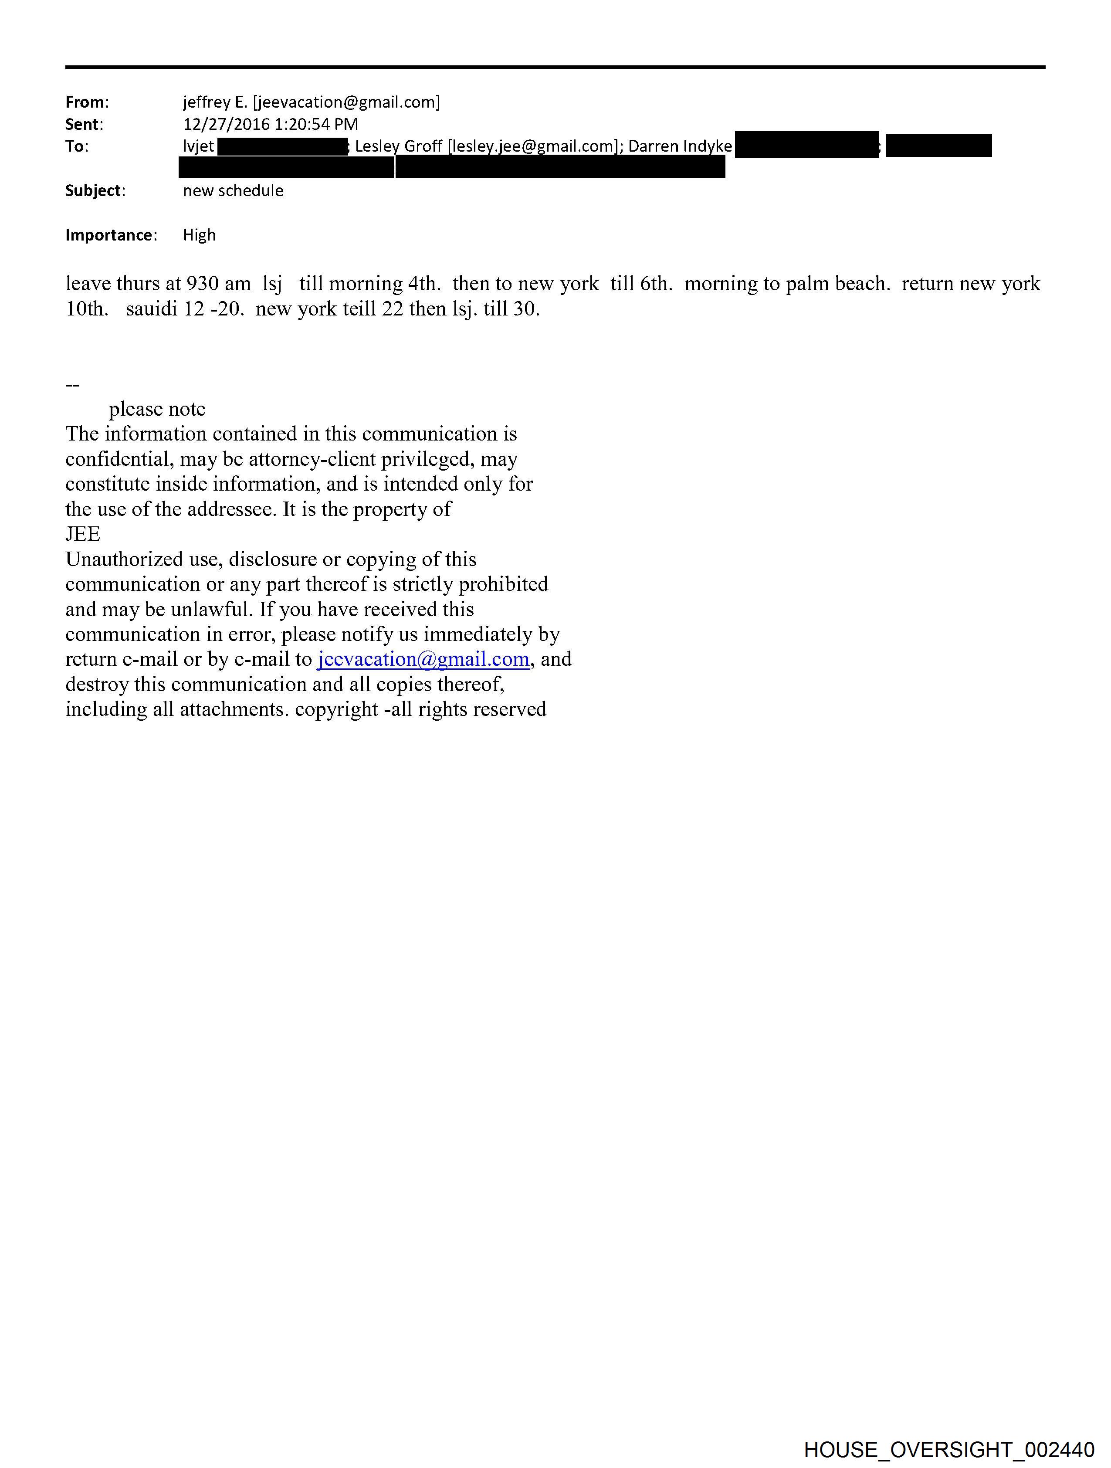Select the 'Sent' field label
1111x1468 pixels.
coord(83,125)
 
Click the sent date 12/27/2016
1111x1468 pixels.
coord(226,125)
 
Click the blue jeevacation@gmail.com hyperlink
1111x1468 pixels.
coord(423,659)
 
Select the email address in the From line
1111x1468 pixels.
coord(346,102)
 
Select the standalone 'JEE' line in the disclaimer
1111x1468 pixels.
coord(83,534)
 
